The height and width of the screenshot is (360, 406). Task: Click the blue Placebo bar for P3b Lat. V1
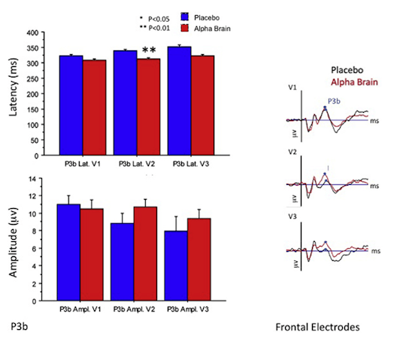pos(71,105)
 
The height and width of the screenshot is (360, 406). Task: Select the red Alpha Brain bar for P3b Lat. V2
pos(149,107)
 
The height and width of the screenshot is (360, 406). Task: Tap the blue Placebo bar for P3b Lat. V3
pos(180,101)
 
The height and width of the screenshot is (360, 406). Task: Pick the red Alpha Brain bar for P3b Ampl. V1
pos(92,255)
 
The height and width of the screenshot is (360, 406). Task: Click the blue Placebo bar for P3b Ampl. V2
pos(123,262)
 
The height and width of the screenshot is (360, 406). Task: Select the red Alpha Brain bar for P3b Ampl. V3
pos(199,259)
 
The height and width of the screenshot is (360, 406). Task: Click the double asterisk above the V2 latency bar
pos(149,50)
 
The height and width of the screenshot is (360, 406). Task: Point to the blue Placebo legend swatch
pos(185,17)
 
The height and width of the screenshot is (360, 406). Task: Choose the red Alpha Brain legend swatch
pos(185,29)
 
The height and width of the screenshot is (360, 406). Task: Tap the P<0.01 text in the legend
pos(159,29)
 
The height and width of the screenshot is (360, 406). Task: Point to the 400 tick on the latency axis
pos(32,33)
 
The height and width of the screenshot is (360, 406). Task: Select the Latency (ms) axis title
pos(13,87)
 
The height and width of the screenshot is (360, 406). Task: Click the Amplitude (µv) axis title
pos(13,242)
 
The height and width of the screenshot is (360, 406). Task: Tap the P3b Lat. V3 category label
pos(191,164)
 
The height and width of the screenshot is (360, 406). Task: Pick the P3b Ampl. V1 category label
pos(80,310)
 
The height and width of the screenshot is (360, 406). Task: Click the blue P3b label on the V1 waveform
pos(334,101)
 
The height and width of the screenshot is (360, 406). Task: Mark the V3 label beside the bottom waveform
pos(292,216)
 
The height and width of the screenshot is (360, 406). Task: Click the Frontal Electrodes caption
pos(318,327)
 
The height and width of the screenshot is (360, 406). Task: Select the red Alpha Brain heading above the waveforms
pos(354,82)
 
